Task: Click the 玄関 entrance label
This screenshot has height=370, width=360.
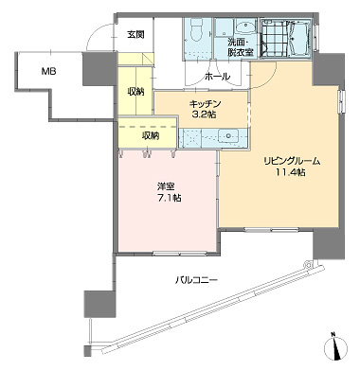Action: pos(136,34)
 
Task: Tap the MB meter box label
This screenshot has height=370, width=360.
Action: pos(49,72)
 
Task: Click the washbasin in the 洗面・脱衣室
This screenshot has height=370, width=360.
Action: pos(245,27)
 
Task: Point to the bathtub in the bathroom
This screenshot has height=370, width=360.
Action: pos(300,38)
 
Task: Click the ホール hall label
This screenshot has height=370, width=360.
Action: pos(218,77)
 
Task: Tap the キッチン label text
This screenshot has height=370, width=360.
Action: pos(205,104)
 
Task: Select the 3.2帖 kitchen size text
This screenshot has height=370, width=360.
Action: pos(205,115)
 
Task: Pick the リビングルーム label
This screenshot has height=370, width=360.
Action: pos(293,162)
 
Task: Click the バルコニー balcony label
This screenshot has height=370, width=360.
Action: pos(196,280)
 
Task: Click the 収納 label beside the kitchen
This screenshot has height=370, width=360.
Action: pos(135,92)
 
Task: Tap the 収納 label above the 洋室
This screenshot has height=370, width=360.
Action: pos(151,136)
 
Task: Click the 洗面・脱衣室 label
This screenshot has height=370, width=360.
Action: pos(241,47)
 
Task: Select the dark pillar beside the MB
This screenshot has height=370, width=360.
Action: pos(99,69)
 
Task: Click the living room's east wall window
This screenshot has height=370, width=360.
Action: pos(342,101)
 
